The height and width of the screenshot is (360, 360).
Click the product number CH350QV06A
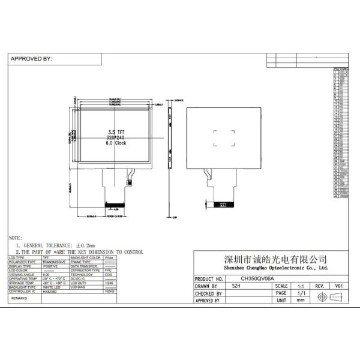[258, 279]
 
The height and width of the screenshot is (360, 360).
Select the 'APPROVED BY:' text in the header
[31, 59]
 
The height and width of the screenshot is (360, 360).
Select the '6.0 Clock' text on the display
[116, 143]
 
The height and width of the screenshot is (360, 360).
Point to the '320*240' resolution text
[116, 137]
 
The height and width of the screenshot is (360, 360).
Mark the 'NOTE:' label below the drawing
[16, 238]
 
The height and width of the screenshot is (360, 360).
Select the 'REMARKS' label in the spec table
[20, 298]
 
